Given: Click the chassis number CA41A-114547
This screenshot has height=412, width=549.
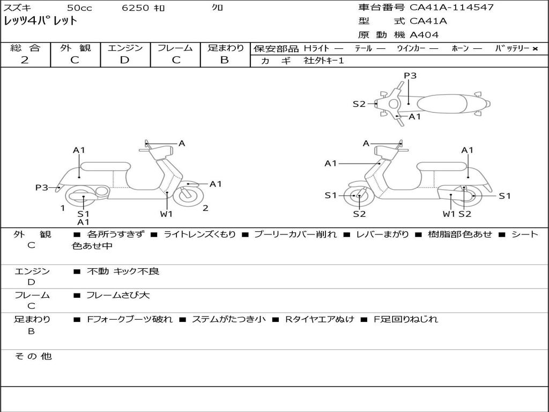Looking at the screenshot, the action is (x=451, y=8).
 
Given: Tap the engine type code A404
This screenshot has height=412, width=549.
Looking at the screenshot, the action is (x=424, y=35).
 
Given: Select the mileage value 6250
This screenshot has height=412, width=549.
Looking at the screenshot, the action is (x=135, y=8).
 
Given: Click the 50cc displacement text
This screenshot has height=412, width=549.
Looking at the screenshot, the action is (x=79, y=8).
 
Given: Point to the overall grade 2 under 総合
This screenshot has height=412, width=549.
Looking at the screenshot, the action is (x=25, y=60).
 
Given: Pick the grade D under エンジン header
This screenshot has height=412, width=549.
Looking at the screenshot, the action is (x=124, y=60).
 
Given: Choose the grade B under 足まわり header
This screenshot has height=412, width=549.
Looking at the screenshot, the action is (x=225, y=60).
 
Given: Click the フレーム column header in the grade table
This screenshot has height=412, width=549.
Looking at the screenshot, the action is (x=175, y=48).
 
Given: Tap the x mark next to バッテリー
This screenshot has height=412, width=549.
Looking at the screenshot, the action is (x=535, y=49).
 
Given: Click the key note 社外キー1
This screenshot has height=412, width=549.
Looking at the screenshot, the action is (x=324, y=61).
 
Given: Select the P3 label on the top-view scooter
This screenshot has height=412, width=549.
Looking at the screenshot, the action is (x=410, y=76).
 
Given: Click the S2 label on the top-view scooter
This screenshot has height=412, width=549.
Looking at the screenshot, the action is (x=359, y=104).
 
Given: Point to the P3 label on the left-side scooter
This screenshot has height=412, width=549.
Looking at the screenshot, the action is (x=42, y=187).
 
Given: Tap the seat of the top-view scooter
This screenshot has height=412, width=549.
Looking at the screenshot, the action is (x=442, y=104).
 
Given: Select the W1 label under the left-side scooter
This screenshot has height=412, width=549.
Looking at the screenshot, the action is (x=166, y=214).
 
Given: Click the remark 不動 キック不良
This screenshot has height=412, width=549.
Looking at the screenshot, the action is (x=123, y=271).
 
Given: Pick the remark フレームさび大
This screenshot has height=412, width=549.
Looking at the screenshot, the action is (x=118, y=296).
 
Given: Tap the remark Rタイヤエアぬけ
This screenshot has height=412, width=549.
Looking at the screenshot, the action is (x=320, y=319).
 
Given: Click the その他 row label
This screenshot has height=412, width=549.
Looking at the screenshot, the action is (x=33, y=356).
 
